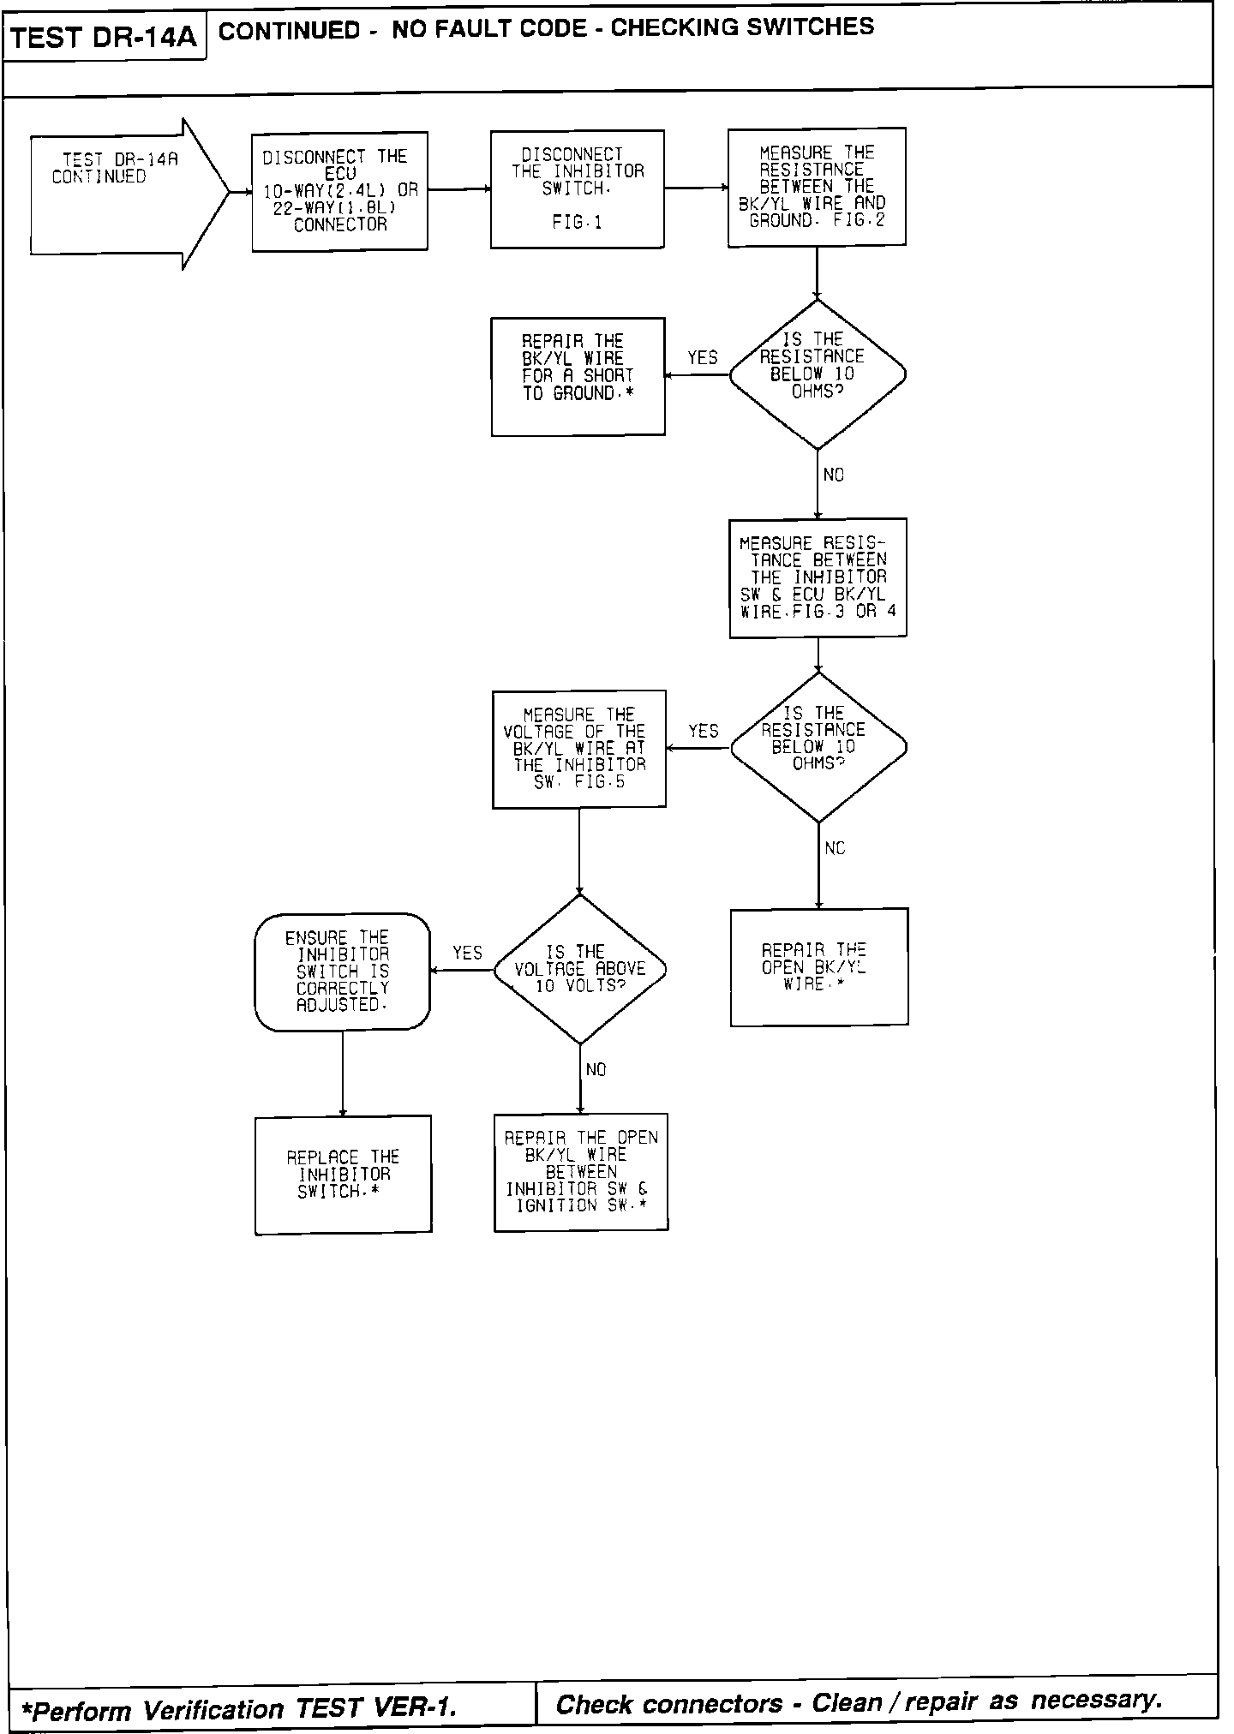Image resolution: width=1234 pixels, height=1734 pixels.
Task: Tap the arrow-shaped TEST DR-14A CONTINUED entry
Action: [x=120, y=193]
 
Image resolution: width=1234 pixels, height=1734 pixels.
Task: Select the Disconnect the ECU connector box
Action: [x=339, y=191]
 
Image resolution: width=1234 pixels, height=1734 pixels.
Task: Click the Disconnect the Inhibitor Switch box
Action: [x=577, y=189]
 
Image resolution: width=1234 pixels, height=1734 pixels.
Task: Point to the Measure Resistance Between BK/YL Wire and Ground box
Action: [x=816, y=187]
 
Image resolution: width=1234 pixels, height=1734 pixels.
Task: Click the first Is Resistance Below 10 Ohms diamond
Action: [x=817, y=374]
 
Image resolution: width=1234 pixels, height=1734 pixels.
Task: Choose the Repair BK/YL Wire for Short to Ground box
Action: [x=578, y=376]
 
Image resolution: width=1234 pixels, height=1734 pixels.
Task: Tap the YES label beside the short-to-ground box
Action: [x=703, y=357]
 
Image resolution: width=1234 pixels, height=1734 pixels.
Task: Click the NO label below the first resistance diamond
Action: [x=833, y=475]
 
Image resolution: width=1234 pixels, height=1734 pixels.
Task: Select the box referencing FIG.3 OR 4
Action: [x=818, y=577]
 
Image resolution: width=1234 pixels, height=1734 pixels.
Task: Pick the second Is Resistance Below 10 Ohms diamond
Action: [x=818, y=747]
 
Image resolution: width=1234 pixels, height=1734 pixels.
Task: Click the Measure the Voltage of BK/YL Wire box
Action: [x=578, y=749]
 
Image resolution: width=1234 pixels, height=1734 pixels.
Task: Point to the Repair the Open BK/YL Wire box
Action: [x=818, y=966]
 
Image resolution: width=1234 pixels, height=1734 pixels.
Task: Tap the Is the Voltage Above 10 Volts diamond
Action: [x=580, y=969]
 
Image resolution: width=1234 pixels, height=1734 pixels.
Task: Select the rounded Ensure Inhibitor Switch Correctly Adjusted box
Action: [x=342, y=972]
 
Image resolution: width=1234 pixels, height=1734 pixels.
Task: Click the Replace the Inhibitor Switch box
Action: [x=343, y=1175]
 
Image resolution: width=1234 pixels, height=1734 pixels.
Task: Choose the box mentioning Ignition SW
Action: [x=580, y=1172]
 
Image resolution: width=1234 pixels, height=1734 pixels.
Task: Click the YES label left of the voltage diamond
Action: [x=467, y=953]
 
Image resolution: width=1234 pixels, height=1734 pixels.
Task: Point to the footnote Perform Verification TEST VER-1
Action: [x=240, y=1708]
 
